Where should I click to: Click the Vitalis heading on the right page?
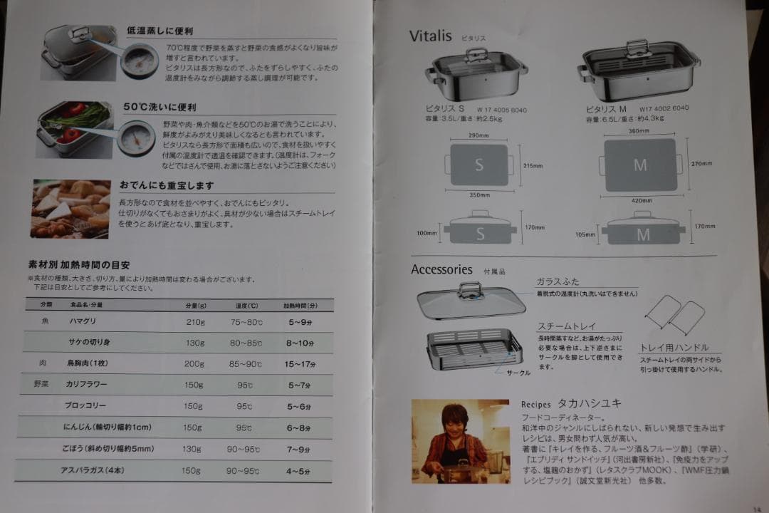pyautogui.click(x=431, y=36)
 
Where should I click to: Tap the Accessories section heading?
pyautogui.click(x=441, y=270)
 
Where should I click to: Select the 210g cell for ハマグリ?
pyautogui.click(x=194, y=321)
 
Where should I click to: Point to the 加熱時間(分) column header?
pyautogui.click(x=299, y=305)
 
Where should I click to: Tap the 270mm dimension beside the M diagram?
pyautogui.click(x=701, y=164)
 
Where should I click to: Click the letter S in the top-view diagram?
pyautogui.click(x=479, y=165)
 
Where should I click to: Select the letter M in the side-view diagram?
pyautogui.click(x=643, y=234)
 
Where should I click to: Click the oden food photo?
pyautogui.click(x=70, y=208)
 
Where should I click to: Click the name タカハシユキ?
pyautogui.click(x=590, y=403)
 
